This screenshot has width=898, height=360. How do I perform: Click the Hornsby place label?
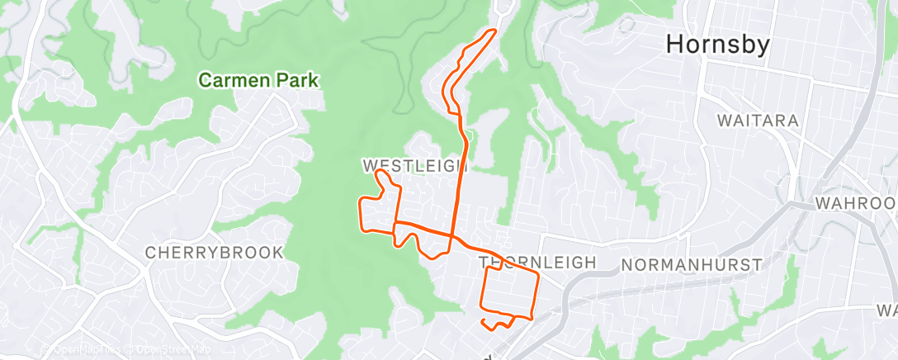point(718,45)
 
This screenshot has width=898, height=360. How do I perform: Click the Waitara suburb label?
point(758,121)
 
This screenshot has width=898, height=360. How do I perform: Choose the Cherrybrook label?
point(214,253)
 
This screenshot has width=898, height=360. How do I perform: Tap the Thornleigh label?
point(537,263)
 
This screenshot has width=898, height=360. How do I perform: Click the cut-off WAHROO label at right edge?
point(855,203)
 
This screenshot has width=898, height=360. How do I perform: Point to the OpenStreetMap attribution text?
point(170,350)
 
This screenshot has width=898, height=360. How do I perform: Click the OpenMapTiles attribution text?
point(83,350)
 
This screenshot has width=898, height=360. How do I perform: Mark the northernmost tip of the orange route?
point(494,31)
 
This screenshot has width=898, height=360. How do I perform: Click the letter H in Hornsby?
point(675,45)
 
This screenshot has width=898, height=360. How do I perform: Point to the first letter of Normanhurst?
point(625,264)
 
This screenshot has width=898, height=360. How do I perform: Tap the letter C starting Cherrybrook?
point(151,253)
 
